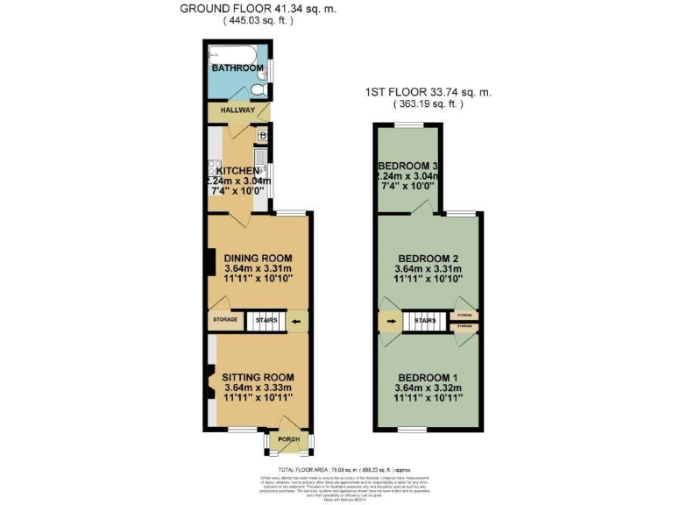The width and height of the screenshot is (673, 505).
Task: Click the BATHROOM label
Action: click(234, 67)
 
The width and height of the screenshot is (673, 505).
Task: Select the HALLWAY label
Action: click(237, 111)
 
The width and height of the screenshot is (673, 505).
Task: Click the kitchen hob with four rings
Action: click(212, 170)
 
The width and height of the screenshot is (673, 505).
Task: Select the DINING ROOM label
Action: click(258, 258)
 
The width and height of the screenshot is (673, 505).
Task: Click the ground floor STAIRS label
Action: click(266, 321)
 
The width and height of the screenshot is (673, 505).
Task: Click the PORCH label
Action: click(288, 439)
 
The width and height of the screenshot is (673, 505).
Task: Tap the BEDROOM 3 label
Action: click(407, 167)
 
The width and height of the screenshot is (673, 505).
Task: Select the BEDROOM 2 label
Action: click(429, 257)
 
